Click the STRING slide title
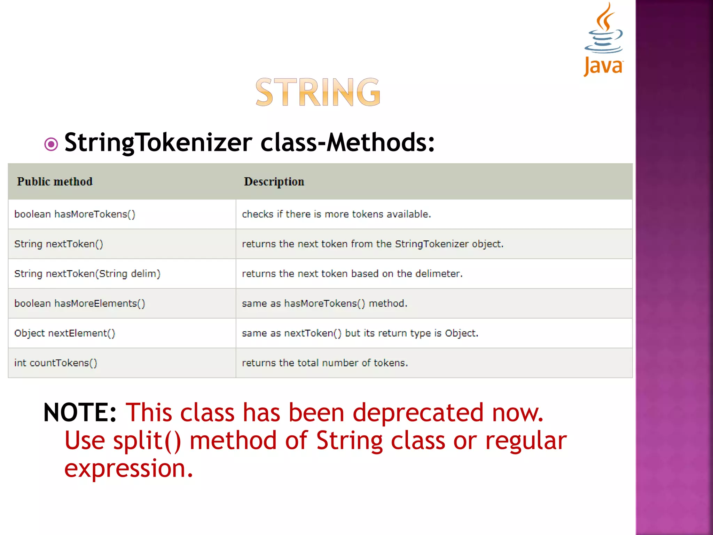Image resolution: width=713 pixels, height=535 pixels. click(x=318, y=92)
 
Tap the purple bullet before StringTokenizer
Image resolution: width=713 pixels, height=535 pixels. click(x=51, y=144)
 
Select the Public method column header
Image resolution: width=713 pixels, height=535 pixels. click(x=55, y=181)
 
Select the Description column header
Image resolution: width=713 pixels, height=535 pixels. click(x=274, y=181)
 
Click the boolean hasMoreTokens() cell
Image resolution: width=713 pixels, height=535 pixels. click(x=75, y=214)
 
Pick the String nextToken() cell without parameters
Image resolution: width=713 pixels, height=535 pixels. click(x=58, y=244)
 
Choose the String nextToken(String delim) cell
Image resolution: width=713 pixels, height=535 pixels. click(x=87, y=274)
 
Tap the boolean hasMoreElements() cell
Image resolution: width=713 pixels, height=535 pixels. click(x=79, y=303)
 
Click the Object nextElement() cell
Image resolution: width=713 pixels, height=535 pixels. click(x=64, y=333)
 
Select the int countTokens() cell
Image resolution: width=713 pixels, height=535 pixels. click(x=56, y=363)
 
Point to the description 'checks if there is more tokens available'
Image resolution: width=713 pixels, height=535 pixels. click(x=336, y=214)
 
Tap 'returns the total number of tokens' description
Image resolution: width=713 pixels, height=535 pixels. click(x=325, y=363)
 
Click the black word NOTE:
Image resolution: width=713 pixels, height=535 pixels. click(x=80, y=413)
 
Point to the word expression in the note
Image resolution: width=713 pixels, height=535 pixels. click(x=128, y=468)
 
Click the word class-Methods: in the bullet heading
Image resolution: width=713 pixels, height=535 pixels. click(x=347, y=142)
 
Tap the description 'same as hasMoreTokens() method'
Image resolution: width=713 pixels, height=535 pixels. click(x=324, y=303)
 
